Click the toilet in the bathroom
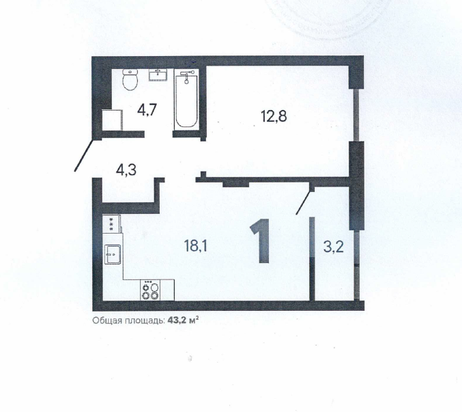(x=130, y=80)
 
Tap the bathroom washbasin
(x=158, y=74)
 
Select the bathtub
(x=186, y=99)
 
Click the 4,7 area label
(x=147, y=109)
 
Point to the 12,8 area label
(x=274, y=116)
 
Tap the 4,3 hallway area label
(x=126, y=170)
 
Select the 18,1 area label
(x=195, y=246)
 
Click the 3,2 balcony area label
(x=333, y=247)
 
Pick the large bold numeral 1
(x=261, y=241)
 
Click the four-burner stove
(x=150, y=290)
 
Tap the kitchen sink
(x=113, y=254)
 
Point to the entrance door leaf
(x=84, y=155)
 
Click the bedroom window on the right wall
(x=356, y=115)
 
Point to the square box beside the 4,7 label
(x=113, y=120)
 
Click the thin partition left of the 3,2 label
(x=312, y=259)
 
